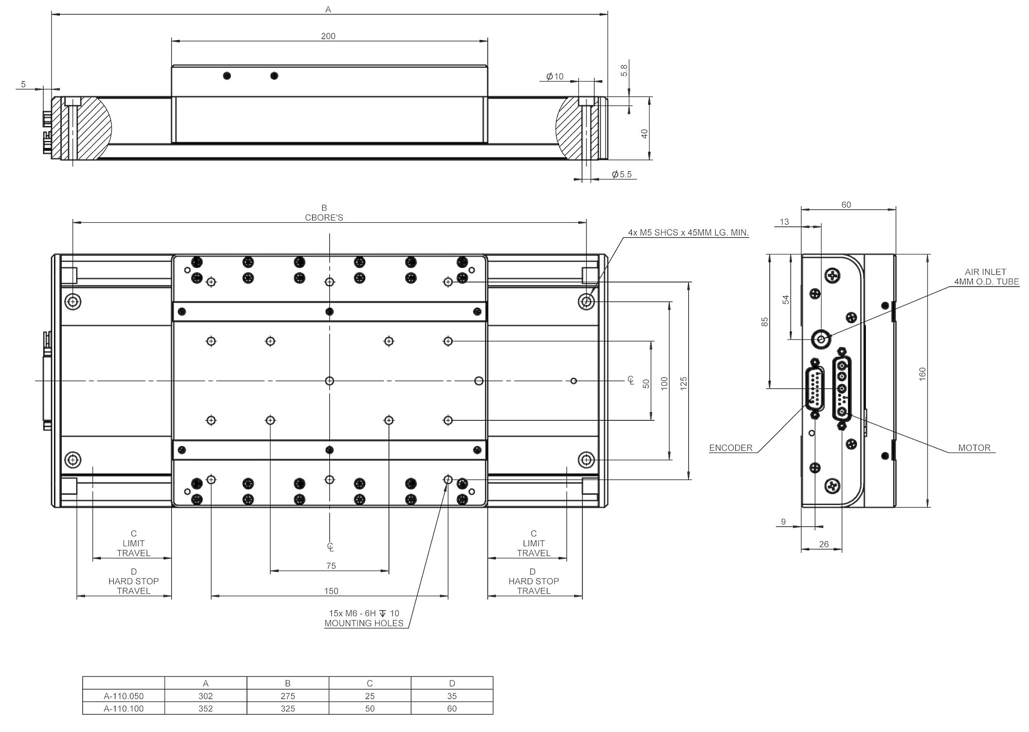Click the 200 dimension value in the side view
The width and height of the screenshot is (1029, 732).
328,36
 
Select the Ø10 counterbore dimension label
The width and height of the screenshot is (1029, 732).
555,77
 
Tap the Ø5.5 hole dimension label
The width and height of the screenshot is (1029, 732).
622,174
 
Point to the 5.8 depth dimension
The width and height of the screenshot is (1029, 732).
625,70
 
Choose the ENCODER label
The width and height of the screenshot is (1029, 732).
731,448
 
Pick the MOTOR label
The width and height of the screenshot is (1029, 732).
974,448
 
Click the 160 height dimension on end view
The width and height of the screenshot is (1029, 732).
922,374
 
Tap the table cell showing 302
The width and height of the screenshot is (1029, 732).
206,696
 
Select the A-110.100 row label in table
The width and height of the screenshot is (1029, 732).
123,708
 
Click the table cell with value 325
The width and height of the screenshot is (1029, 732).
288,708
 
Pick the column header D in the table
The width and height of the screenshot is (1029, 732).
452,684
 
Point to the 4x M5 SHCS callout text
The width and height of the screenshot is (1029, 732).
688,233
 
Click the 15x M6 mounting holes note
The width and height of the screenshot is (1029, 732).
364,618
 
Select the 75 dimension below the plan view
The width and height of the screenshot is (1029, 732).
331,566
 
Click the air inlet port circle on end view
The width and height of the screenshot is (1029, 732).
821,339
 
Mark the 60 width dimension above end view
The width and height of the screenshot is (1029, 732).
846,205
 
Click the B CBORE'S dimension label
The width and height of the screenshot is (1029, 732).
324,213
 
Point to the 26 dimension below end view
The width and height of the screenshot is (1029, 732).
824,544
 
